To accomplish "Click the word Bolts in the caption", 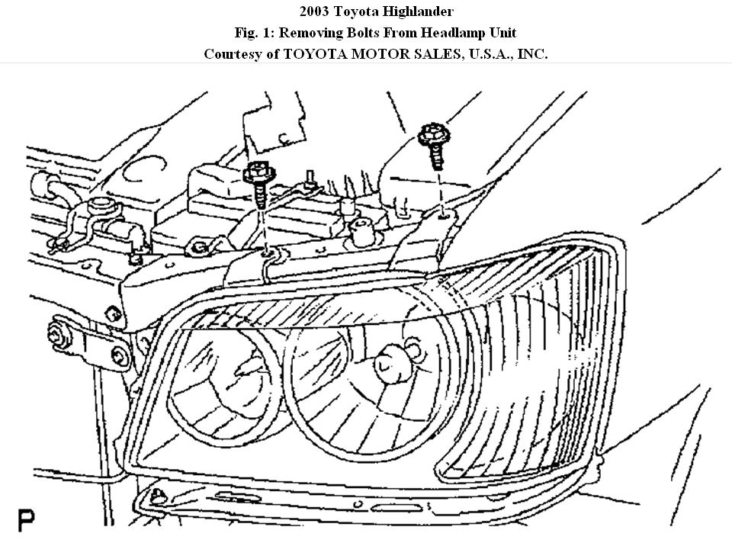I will (x=369, y=33).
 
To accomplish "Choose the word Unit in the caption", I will (x=502, y=33).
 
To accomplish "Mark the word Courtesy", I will (x=233, y=54).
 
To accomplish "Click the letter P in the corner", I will (x=27, y=521).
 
